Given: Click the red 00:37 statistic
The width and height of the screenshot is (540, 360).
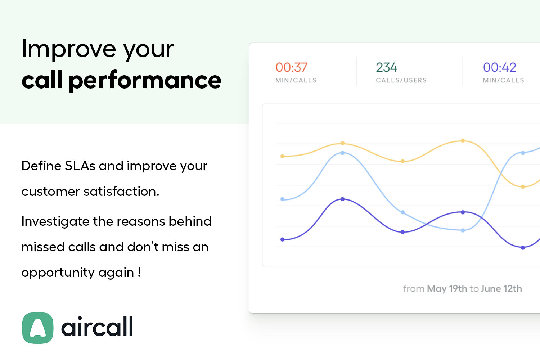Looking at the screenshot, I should (291, 67).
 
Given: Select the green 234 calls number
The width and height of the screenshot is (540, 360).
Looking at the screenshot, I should (386, 67).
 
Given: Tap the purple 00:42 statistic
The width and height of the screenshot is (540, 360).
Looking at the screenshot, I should (499, 67).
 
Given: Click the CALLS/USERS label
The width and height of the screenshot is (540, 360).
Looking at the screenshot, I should (401, 80).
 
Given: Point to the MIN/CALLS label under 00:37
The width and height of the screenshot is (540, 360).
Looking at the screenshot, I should (296, 80).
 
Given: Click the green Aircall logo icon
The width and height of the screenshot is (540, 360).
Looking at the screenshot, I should (38, 328).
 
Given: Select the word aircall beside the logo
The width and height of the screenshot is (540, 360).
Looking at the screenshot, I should (97, 327).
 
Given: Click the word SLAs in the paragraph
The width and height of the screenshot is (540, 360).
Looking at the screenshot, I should (80, 166).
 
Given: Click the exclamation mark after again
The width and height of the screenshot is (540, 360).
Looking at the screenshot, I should (139, 272).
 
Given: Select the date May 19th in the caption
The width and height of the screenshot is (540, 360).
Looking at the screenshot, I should (447, 289).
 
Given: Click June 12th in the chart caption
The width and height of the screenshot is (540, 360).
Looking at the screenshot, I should (501, 289).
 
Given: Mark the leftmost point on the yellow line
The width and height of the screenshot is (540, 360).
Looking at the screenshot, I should (283, 156).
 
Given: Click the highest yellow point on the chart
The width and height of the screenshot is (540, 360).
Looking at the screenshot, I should (463, 141).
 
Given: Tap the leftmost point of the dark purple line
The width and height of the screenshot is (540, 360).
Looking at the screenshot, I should (283, 239).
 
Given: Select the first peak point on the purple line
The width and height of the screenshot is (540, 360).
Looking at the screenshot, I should (342, 199).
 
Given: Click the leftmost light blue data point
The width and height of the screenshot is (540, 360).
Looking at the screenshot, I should (283, 199).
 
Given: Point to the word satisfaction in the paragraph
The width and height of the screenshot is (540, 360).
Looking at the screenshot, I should (121, 192).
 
